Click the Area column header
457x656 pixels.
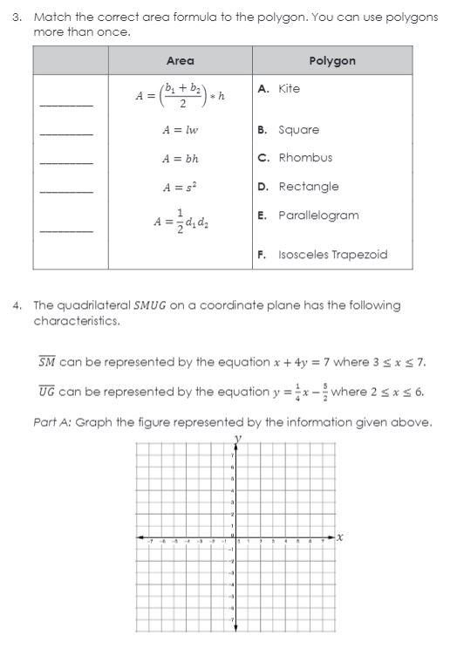click(x=180, y=61)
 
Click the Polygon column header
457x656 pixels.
click(x=332, y=61)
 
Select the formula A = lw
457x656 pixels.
click(x=180, y=130)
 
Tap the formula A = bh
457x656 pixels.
click(x=180, y=159)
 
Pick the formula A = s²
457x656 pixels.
click(x=180, y=188)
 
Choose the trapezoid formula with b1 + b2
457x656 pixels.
click(x=180, y=94)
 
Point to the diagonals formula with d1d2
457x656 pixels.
click(x=181, y=222)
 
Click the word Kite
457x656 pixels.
click(x=289, y=89)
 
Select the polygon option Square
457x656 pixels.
click(x=298, y=130)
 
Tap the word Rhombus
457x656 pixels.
click(x=305, y=158)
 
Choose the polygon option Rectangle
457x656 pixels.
click(x=309, y=187)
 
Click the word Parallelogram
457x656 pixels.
click(x=318, y=215)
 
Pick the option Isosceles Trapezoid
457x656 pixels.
click(x=332, y=255)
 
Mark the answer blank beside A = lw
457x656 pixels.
click(x=66, y=133)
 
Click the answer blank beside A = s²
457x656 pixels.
click(x=66, y=190)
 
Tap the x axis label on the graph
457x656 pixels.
click(x=339, y=537)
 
